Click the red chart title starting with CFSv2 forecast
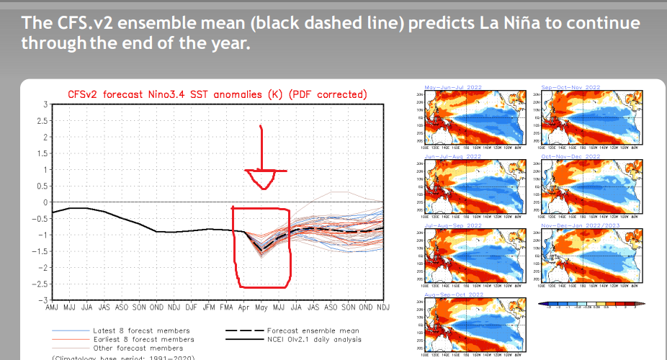tap(217, 94)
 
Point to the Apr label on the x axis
tap(243, 307)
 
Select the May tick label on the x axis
tap(260, 307)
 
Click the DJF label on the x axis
tap(190, 307)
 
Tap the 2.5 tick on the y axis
tap(40, 121)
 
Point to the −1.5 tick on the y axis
tap(39, 251)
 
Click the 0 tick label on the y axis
tap(44, 202)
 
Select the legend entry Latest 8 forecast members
tap(141, 330)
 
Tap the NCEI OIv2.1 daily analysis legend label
tap(319, 339)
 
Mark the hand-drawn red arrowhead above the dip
tap(265, 179)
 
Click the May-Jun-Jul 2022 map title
tap(453, 87)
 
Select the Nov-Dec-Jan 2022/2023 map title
tap(581, 225)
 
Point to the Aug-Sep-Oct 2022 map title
tap(453, 294)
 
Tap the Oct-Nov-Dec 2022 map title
tap(571, 156)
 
